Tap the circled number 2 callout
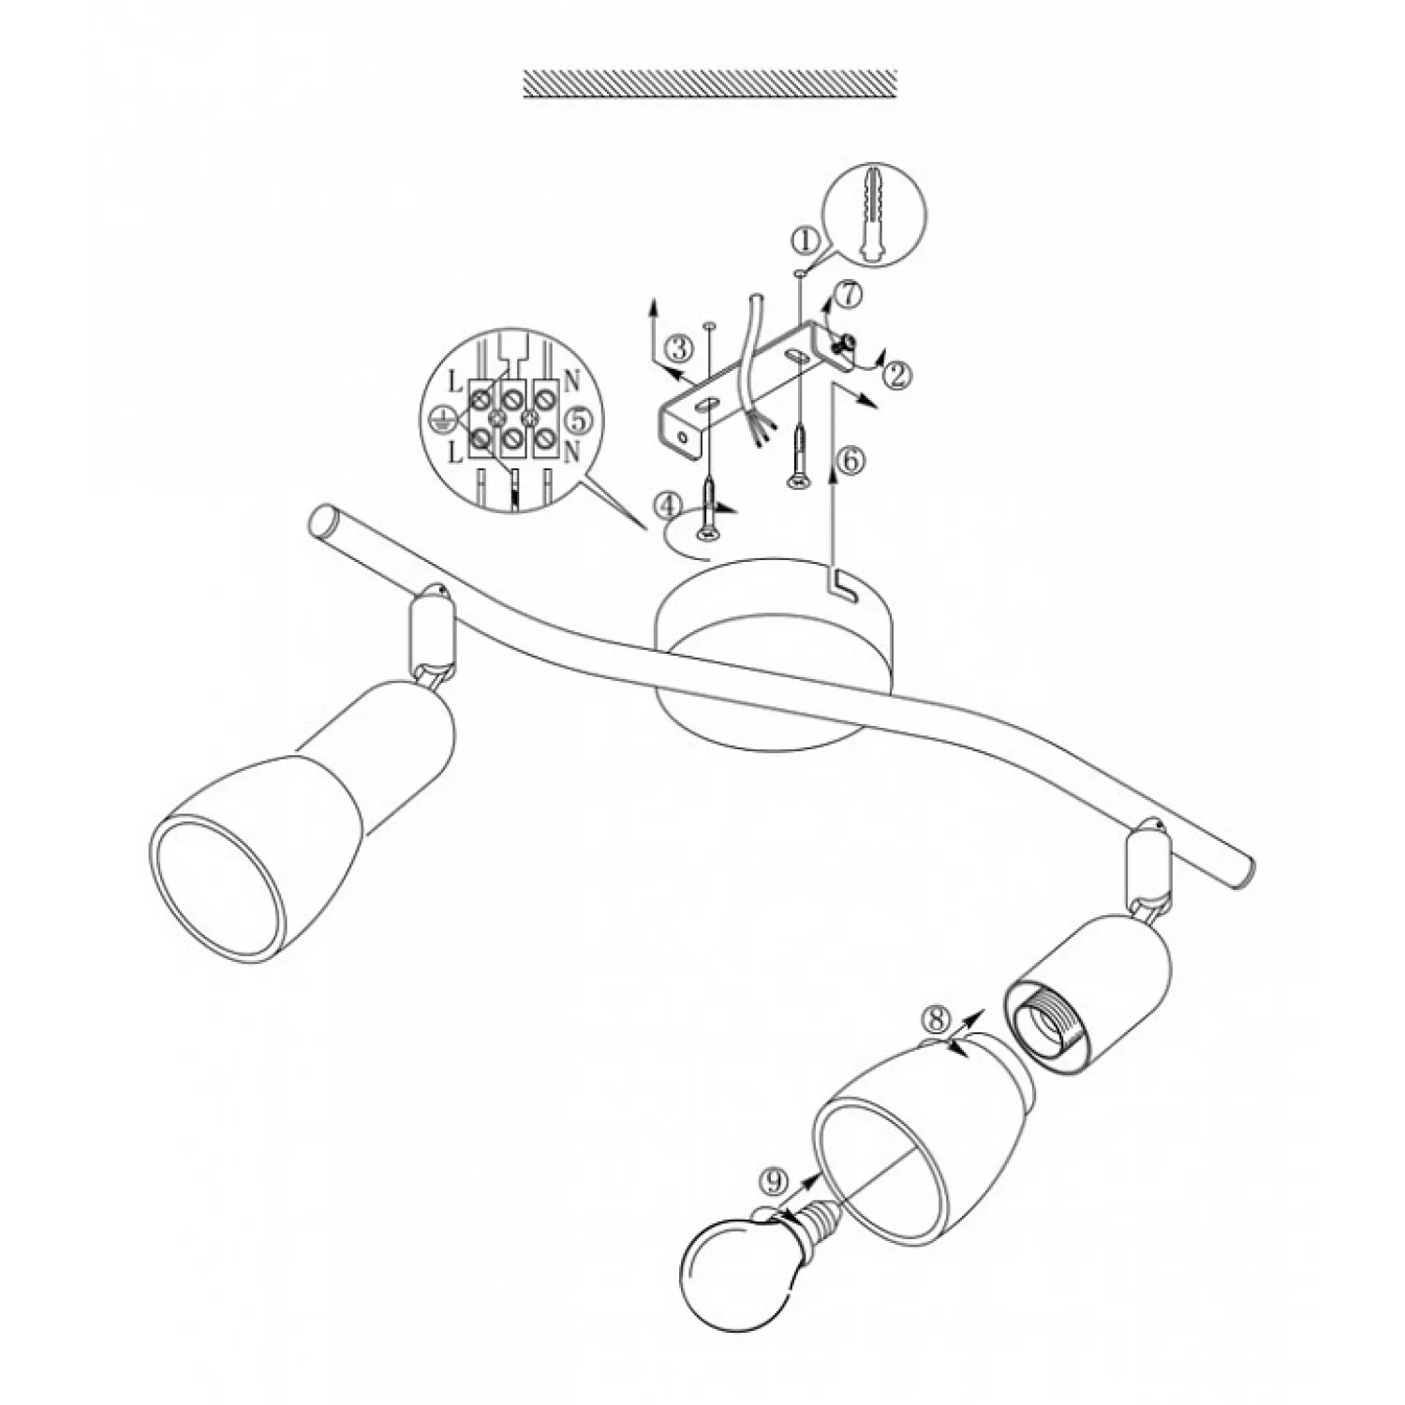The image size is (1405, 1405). point(896,376)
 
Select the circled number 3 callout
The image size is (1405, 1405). point(678,349)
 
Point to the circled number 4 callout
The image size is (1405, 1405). point(667,507)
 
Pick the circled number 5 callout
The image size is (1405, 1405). point(581,419)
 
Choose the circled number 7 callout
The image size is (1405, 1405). point(846,296)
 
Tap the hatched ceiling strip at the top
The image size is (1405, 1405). point(710,83)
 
